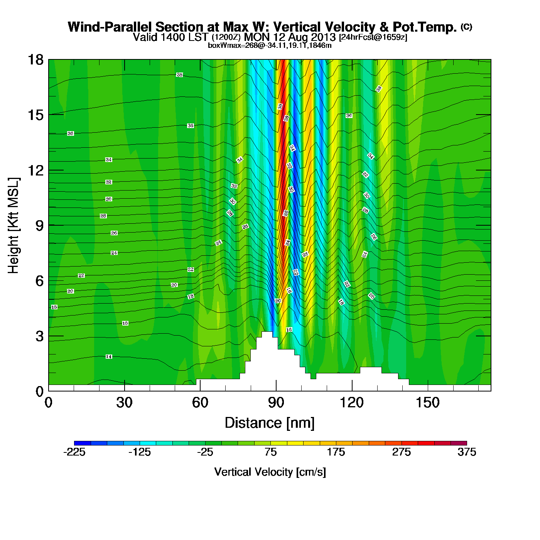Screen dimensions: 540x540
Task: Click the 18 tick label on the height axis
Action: pos(35,60)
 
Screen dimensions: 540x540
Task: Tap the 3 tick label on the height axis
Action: pos(40,336)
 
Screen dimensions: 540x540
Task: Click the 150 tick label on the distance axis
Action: pos(427,403)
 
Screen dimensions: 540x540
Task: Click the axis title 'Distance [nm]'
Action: pos(270,423)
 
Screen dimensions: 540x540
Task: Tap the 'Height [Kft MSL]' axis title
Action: pos(13,226)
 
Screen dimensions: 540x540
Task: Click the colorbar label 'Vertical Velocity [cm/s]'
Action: pos(270,472)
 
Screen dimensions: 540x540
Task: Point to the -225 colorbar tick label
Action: pos(74,452)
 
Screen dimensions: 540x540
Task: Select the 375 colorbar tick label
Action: pos(467,452)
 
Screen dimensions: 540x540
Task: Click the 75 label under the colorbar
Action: pos(270,452)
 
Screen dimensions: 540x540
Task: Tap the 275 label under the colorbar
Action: pos(402,452)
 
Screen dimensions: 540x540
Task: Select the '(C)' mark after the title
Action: pos(466,27)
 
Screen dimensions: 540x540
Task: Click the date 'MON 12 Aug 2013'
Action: pos(290,37)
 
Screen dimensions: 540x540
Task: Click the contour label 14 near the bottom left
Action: pos(109,357)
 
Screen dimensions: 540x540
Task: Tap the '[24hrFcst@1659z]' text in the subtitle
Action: pos(373,37)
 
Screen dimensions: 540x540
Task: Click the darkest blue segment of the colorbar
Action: pos(82,443)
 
